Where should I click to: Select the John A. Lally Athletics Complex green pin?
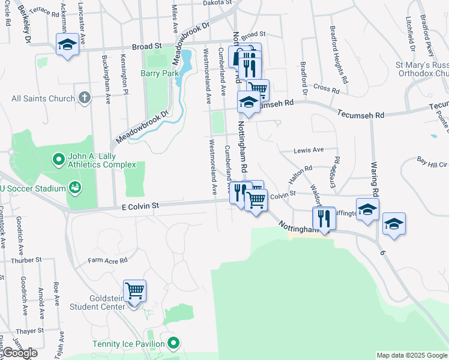point(58,160)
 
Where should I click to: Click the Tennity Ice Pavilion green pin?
point(173,344)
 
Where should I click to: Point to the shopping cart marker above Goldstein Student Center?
point(135,291)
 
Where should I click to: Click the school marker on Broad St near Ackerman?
point(67,44)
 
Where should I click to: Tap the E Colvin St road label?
point(140,206)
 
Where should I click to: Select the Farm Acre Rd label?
point(108,260)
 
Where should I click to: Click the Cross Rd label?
point(327,89)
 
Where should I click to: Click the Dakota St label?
point(217,3)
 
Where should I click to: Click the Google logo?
point(20,353)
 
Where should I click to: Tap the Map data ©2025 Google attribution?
point(412,355)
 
